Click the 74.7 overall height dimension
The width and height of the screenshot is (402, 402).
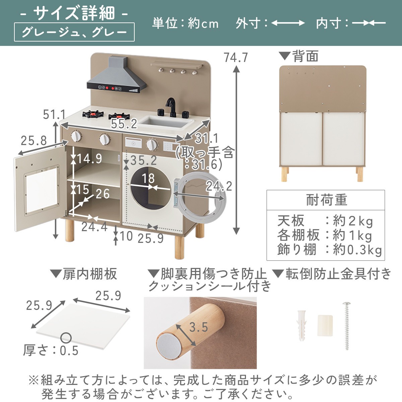pyautogui.click(x=236, y=58)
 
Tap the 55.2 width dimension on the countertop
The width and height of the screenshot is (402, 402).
pyautogui.click(x=124, y=124)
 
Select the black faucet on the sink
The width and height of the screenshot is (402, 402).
pyautogui.click(x=172, y=107)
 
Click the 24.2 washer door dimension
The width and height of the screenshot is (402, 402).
pyautogui.click(x=219, y=186)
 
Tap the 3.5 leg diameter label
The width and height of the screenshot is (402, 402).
pyautogui.click(x=199, y=327)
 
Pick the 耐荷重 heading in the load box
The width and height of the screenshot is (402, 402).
pyautogui.click(x=327, y=200)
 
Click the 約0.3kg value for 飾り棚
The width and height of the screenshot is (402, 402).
pyautogui.click(x=357, y=250)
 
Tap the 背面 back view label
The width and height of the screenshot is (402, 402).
pyautogui.click(x=306, y=56)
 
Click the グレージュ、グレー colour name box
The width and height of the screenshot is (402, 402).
pyautogui.click(x=74, y=32)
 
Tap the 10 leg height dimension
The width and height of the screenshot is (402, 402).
pyautogui.click(x=126, y=237)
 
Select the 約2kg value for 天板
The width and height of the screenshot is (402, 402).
pyautogui.click(x=353, y=221)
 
